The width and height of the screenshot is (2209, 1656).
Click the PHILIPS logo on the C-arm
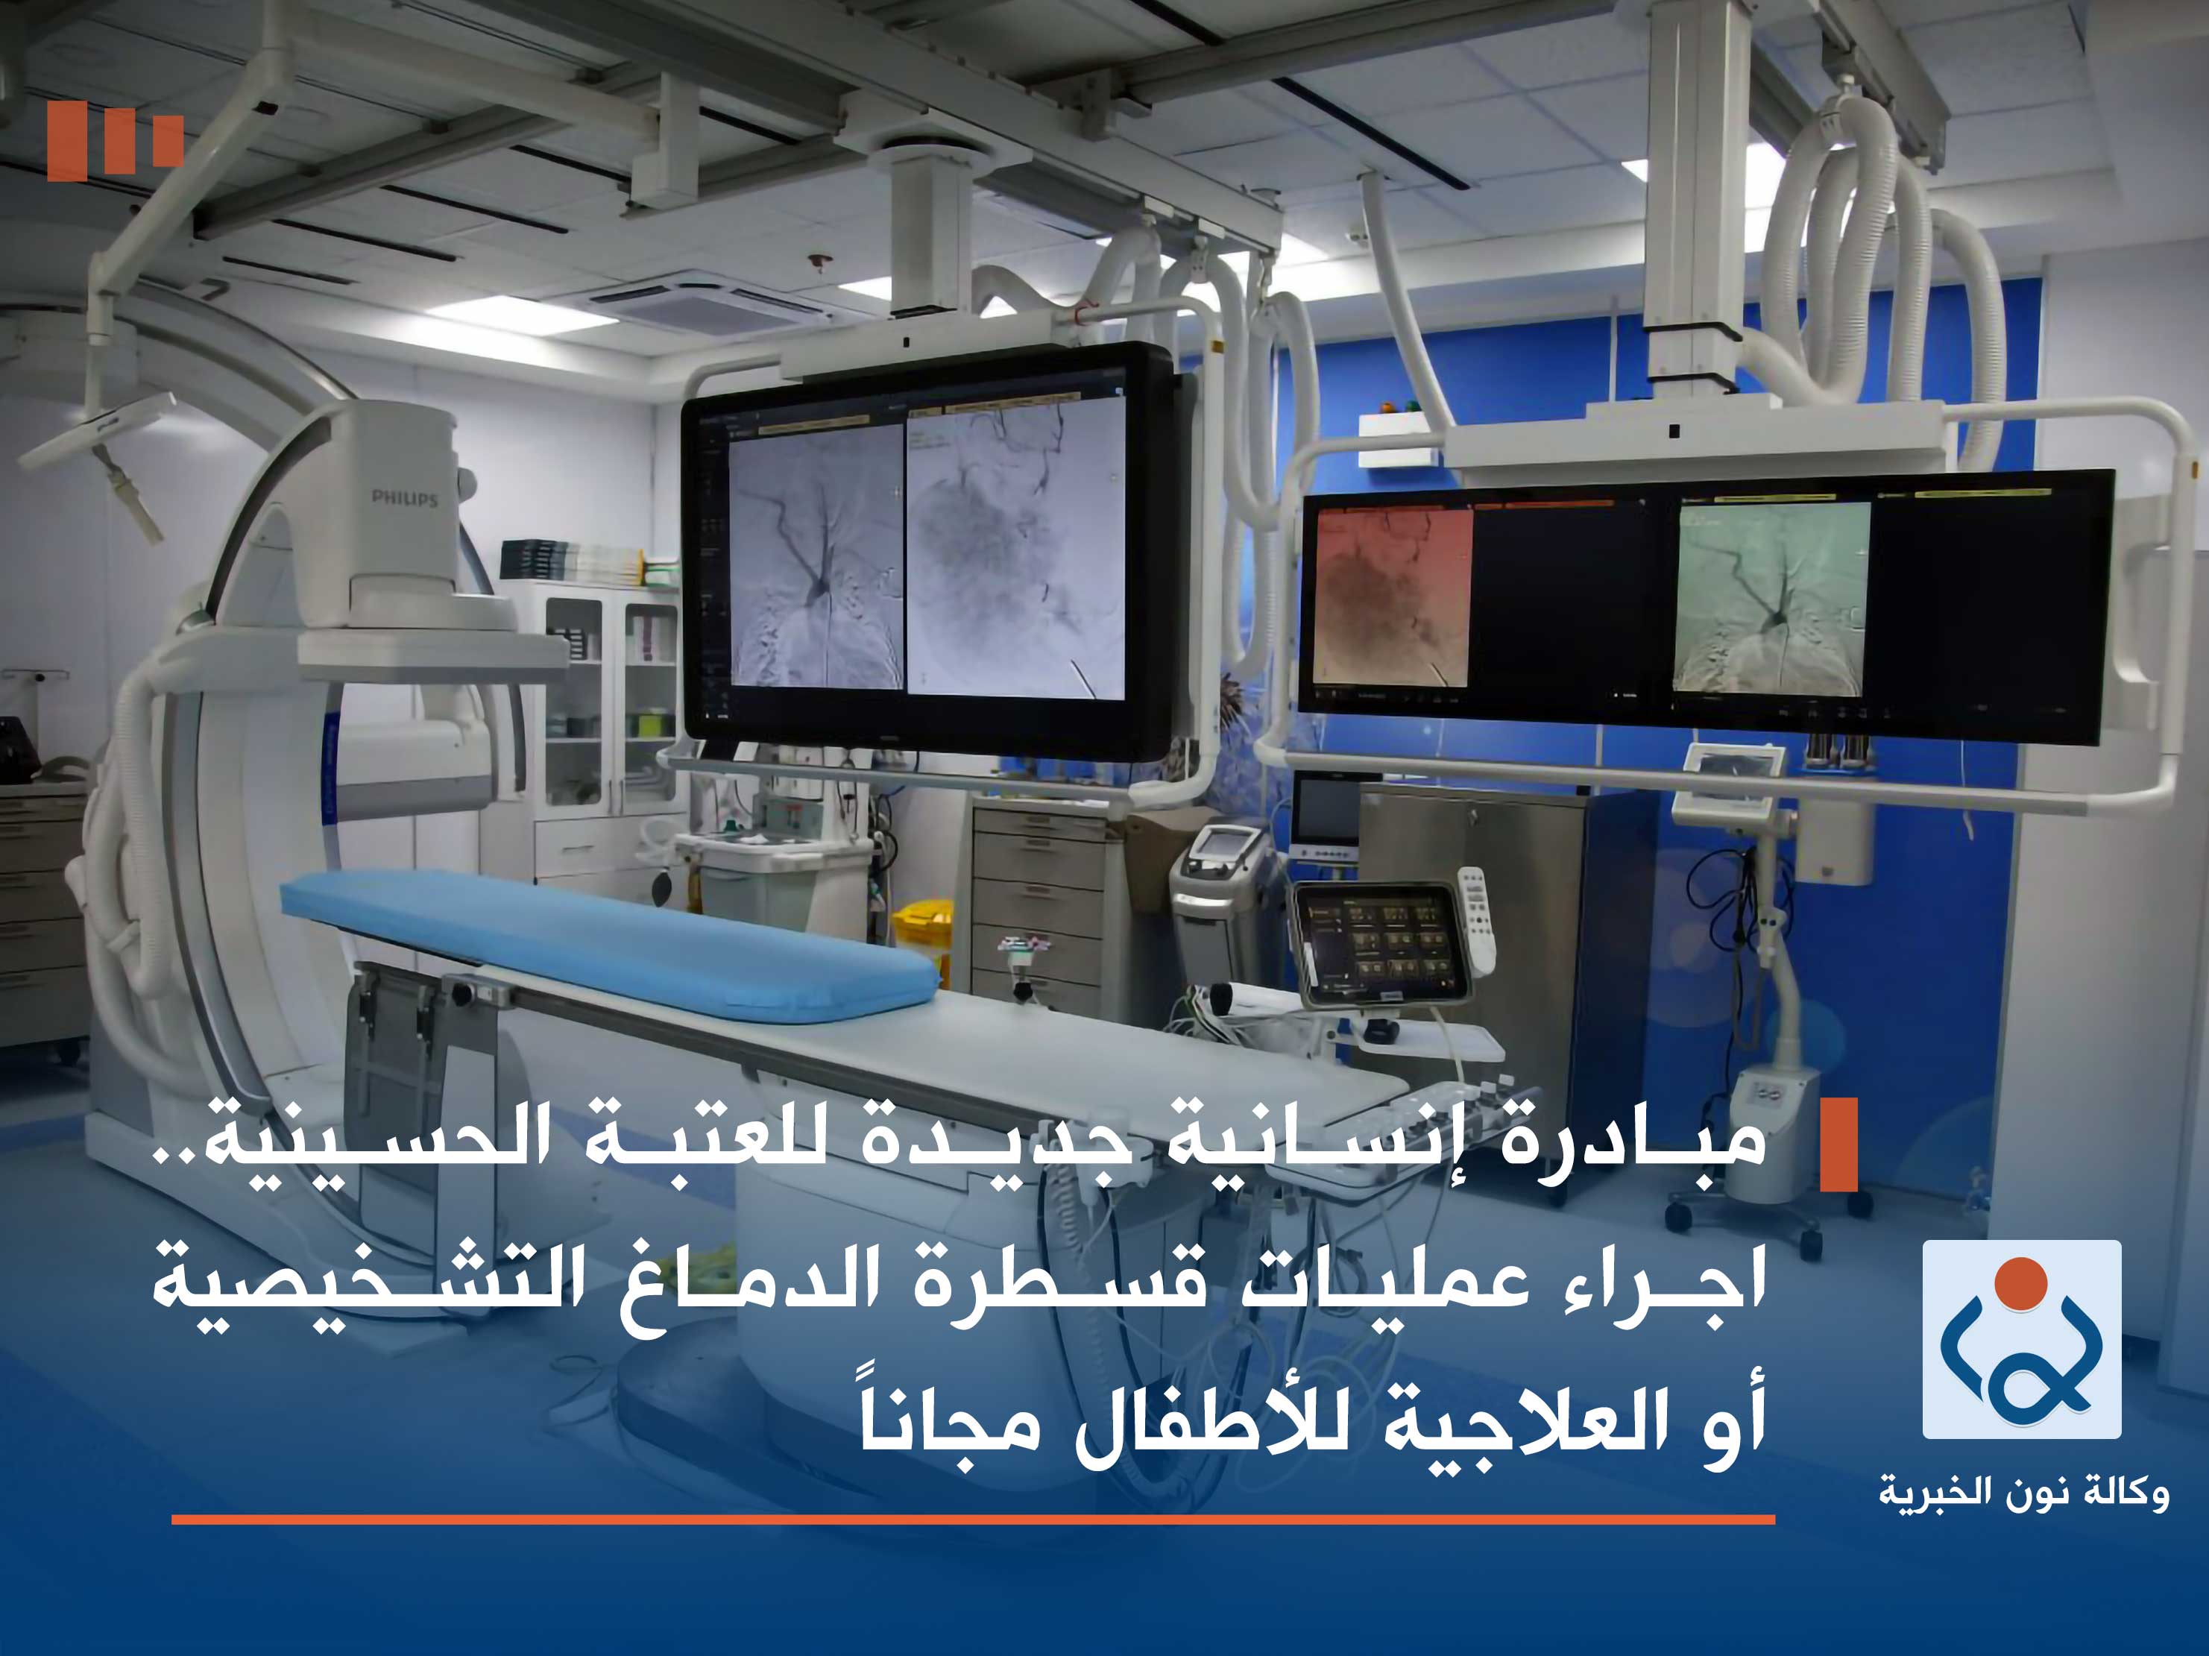pos(405,497)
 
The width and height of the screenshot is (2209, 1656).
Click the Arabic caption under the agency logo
pos(2023,1494)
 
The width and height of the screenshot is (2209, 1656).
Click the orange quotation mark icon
pos(115,141)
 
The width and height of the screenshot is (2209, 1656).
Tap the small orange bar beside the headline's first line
pos(1838,1145)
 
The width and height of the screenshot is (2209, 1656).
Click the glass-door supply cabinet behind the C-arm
pos(604,689)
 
